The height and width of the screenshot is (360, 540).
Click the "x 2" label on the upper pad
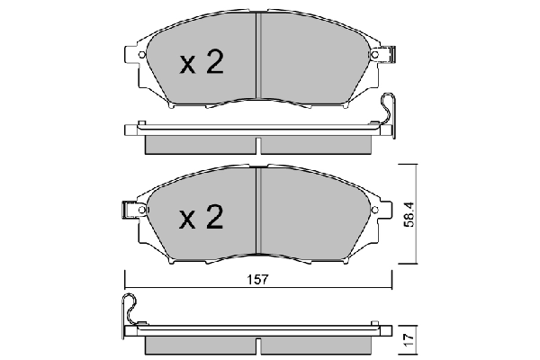tap(202, 62)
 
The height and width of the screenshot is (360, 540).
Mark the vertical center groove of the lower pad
tap(259, 214)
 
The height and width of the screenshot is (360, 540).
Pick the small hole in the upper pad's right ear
tap(373, 56)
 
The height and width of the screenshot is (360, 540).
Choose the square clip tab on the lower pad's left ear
tap(129, 211)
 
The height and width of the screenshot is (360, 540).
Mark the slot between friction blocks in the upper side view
tap(259, 144)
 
